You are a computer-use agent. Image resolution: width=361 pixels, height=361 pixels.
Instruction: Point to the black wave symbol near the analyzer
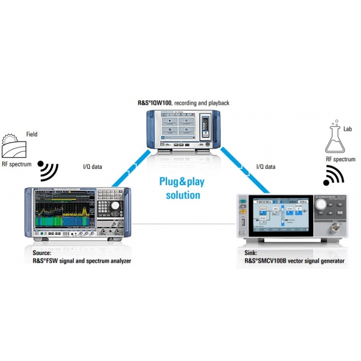point(48,169)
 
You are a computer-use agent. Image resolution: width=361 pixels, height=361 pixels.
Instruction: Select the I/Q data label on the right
point(267,167)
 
